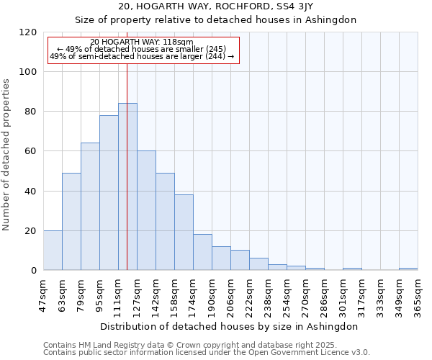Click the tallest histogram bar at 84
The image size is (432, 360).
pyautogui.click(x=127, y=187)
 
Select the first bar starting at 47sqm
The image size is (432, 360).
pyautogui.click(x=53, y=251)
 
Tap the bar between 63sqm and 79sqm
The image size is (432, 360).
pyautogui.click(x=71, y=222)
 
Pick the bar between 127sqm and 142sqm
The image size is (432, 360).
pyautogui.click(x=146, y=210)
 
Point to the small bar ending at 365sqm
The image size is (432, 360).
pyautogui.click(x=408, y=269)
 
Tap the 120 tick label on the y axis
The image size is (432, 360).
pyautogui.click(x=28, y=32)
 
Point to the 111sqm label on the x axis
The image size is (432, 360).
pyautogui.click(x=118, y=294)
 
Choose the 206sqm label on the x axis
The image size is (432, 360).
pyautogui.click(x=230, y=294)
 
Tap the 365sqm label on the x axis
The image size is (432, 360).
pyautogui.click(x=418, y=294)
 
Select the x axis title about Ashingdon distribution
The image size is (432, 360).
pyautogui.click(x=228, y=326)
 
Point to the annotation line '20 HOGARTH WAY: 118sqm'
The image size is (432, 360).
pyautogui.click(x=142, y=42)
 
